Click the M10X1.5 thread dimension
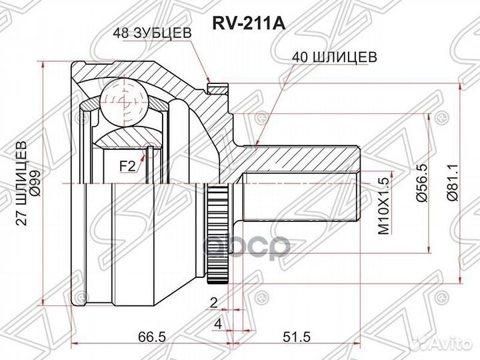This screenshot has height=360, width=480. click(x=383, y=208)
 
